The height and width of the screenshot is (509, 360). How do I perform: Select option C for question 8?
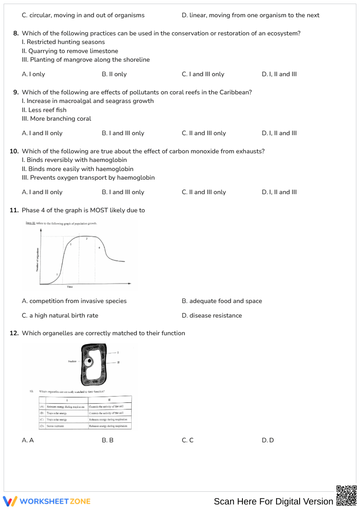[x=203, y=74]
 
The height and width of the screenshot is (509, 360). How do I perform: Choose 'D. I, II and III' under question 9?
[x=279, y=133]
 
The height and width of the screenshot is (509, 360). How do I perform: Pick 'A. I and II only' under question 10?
[x=42, y=192]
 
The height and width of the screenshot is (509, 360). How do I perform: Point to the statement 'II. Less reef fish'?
[x=44, y=110]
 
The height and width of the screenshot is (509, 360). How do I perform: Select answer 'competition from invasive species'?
[x=74, y=301]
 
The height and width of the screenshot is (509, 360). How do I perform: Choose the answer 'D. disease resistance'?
[x=212, y=316]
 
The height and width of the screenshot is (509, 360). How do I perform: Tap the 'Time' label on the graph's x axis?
[x=70, y=287]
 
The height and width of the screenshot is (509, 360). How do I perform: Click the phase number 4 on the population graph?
[x=99, y=248]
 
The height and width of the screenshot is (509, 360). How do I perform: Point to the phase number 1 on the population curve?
[x=57, y=274]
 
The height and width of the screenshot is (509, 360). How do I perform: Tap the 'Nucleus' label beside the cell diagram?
[x=72, y=362]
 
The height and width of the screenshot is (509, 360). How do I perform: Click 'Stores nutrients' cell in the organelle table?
[x=56, y=426]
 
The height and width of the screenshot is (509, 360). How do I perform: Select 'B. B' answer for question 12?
[x=108, y=440]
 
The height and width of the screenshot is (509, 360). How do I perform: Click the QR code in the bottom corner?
[x=346, y=495]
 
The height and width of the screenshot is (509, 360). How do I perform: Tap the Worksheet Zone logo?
[x=47, y=501]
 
